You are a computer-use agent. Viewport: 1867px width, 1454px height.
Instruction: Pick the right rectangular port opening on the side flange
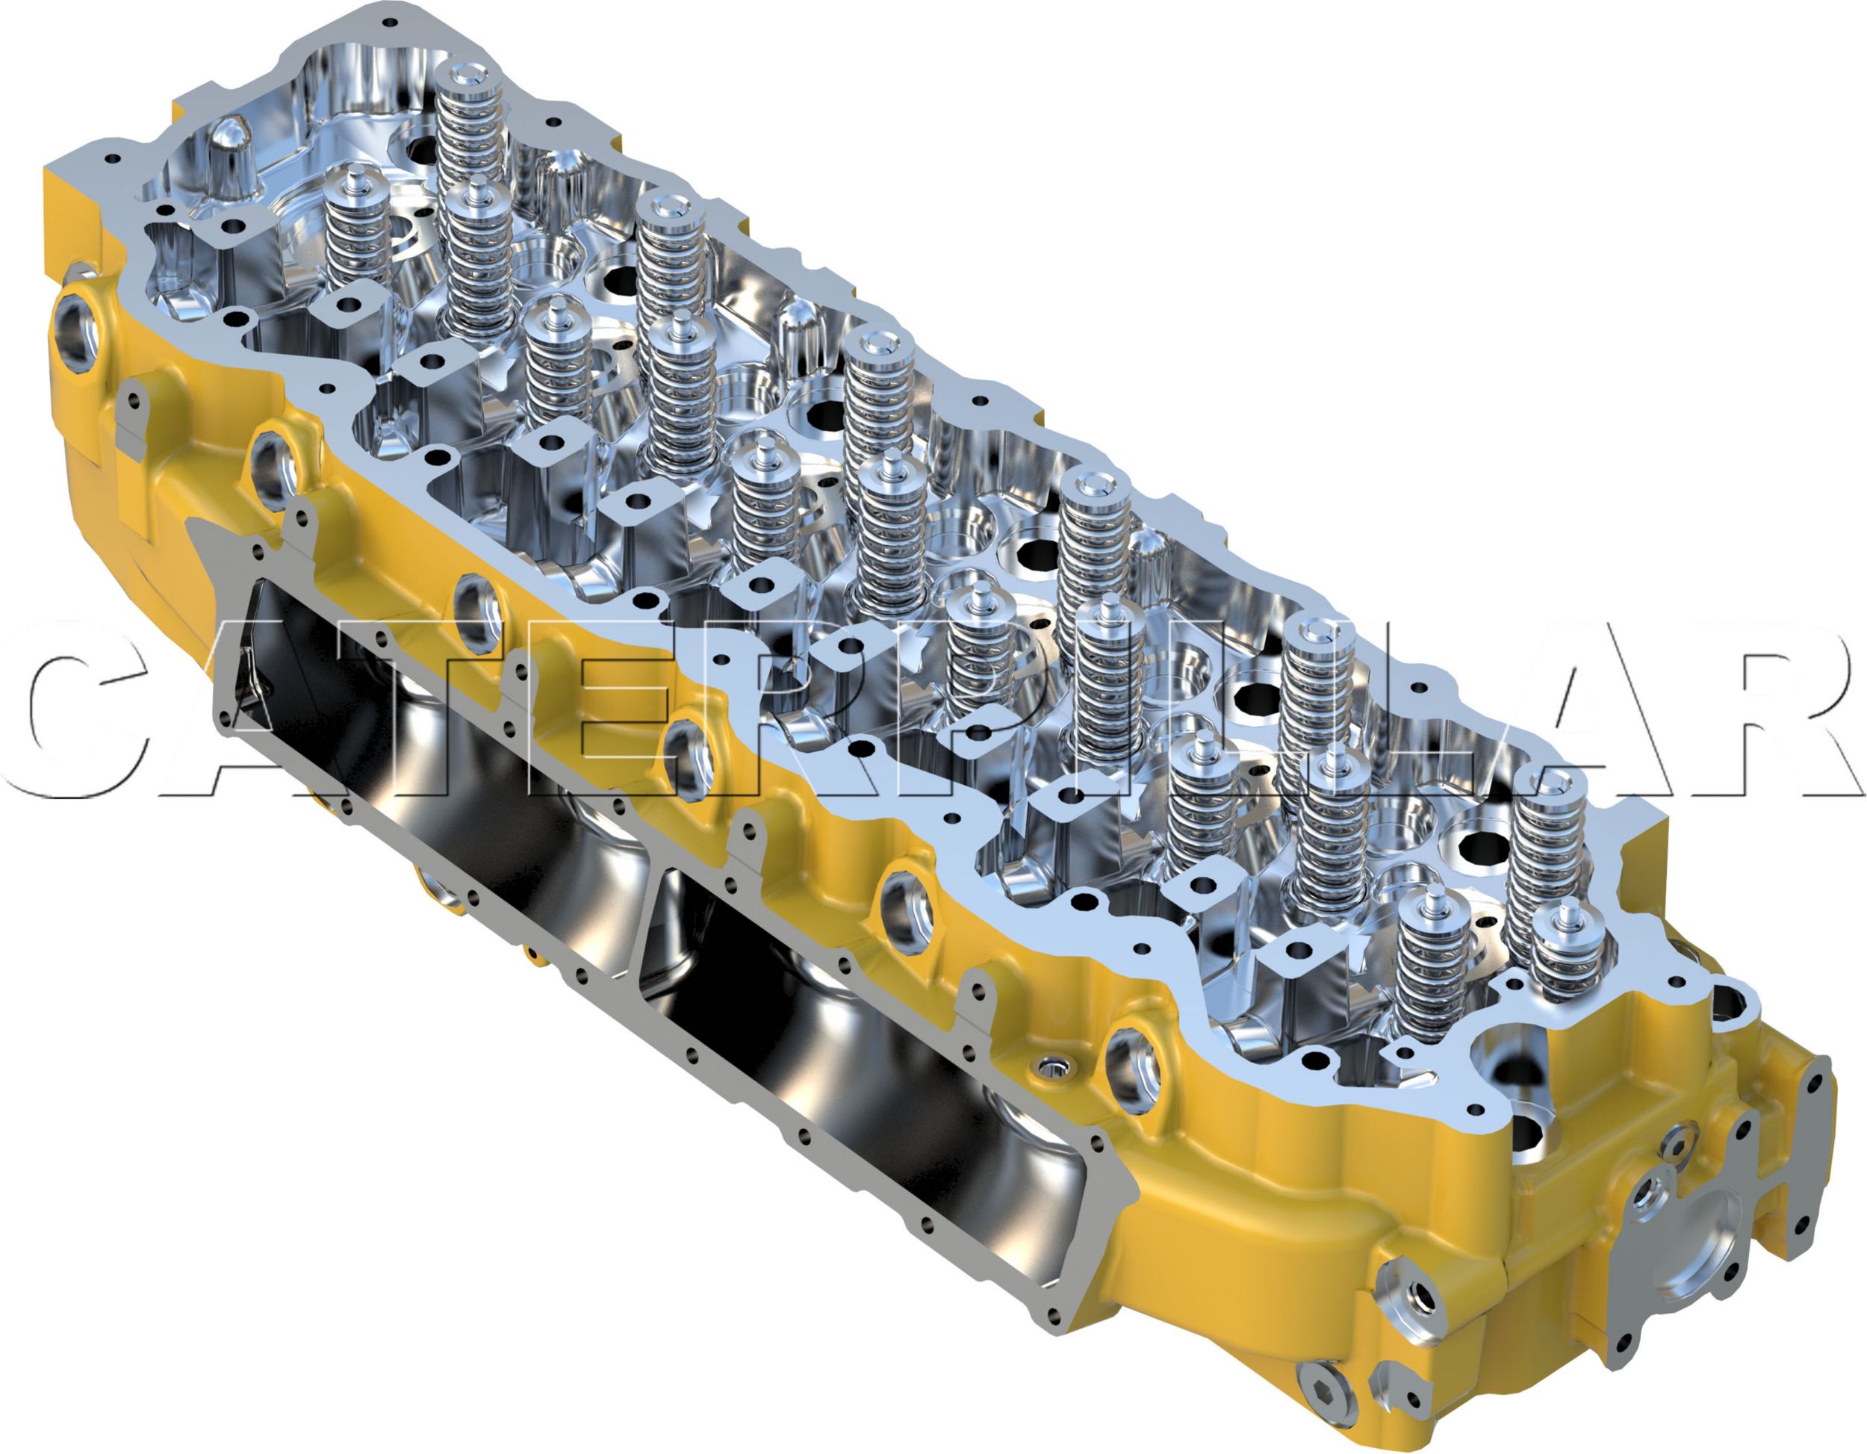pos(863,1077)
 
